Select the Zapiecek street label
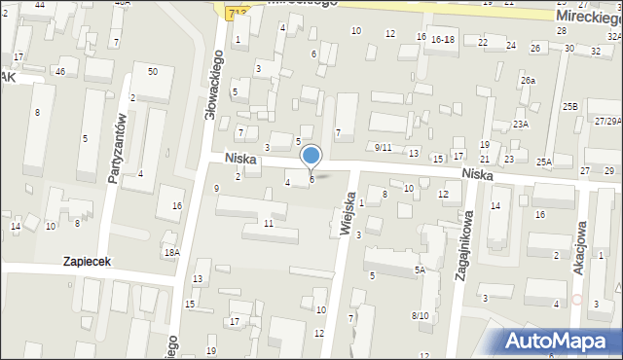89,262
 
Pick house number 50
152,72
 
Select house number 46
60,72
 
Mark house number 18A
171,253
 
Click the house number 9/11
383,148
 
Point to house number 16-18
443,39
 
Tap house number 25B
569,106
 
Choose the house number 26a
528,81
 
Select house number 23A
521,125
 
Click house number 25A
543,162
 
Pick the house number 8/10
420,315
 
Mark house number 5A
420,270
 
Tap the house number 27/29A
607,121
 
